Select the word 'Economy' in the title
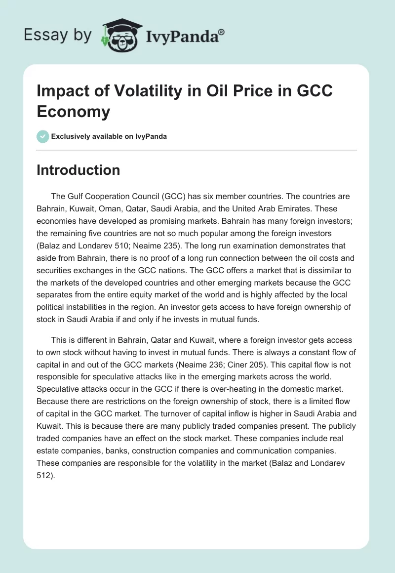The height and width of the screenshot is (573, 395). (x=74, y=111)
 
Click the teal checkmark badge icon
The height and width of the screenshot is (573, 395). (x=43, y=136)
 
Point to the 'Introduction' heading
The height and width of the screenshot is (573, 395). (x=79, y=170)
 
